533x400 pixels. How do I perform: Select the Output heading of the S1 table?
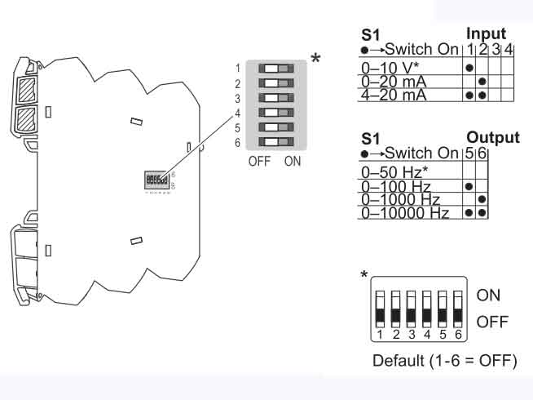point(492,137)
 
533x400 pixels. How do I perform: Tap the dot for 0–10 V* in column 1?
point(469,67)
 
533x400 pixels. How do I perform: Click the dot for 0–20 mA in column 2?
point(482,81)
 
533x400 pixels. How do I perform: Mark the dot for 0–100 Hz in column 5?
point(468,186)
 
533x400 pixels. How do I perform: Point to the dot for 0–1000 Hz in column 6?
point(482,200)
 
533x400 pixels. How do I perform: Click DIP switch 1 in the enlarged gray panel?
point(275,68)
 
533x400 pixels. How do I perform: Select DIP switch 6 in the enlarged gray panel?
point(275,142)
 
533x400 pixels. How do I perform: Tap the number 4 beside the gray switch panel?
point(237,112)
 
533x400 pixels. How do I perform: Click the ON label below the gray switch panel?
point(293,161)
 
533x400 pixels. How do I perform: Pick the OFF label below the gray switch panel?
point(259,161)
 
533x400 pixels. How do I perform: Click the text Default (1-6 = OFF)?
point(445,361)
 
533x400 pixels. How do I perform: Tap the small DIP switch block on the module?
point(156,179)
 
